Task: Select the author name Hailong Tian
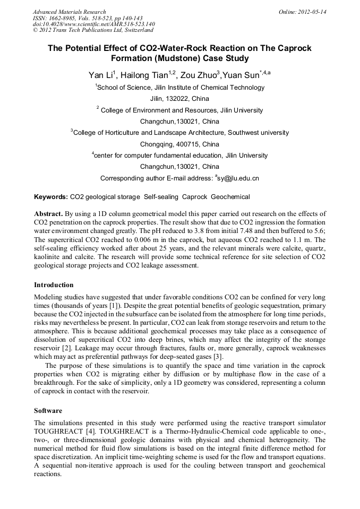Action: (144, 75)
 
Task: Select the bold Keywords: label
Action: (51, 197)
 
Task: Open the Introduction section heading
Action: (54, 285)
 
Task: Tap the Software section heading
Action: (48, 411)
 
